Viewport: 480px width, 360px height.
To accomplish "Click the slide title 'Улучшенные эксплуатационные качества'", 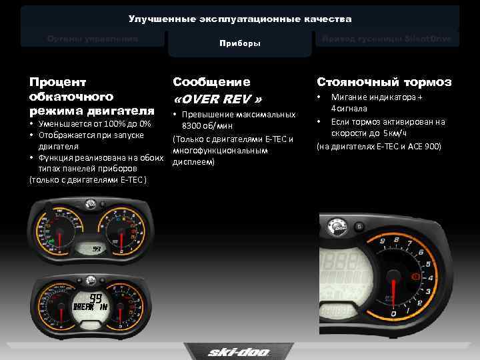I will point(240,19).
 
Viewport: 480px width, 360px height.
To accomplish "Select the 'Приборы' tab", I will point(240,43).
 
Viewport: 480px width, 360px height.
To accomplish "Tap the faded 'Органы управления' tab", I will point(93,39).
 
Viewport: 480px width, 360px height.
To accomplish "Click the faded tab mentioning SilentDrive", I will point(387,39).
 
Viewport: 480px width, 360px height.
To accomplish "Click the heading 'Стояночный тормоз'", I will point(384,82).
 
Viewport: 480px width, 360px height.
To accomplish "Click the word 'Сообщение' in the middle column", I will point(211,82).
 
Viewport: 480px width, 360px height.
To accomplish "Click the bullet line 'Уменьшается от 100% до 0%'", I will point(94,124).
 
